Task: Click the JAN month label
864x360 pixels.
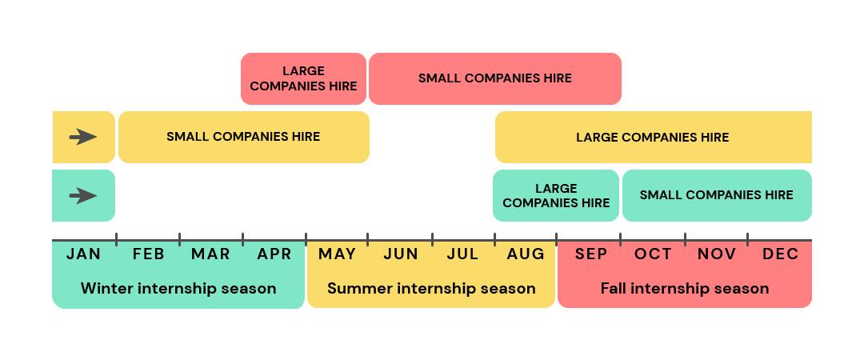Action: click(84, 254)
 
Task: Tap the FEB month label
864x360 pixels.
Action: click(149, 254)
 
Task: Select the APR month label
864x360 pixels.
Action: click(274, 254)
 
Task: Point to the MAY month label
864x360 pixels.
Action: click(338, 254)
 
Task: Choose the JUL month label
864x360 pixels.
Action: click(462, 254)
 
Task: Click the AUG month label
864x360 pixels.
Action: click(526, 254)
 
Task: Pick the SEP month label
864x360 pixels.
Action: click(591, 254)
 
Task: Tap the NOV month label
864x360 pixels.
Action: click(717, 254)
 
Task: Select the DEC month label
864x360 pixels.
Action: click(781, 254)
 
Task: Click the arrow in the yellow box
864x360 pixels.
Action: click(83, 137)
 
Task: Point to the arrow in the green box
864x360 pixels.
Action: click(83, 196)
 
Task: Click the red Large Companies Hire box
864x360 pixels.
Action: click(304, 79)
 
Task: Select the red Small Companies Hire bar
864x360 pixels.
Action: click(495, 79)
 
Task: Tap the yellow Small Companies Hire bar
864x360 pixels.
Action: click(243, 138)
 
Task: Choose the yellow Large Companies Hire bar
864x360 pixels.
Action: click(654, 138)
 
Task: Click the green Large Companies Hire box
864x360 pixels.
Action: click(556, 196)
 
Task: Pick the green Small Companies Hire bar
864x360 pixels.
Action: click(717, 196)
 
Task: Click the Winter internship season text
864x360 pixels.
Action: click(178, 288)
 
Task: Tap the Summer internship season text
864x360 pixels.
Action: click(431, 288)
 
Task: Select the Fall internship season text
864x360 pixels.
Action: click(685, 288)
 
